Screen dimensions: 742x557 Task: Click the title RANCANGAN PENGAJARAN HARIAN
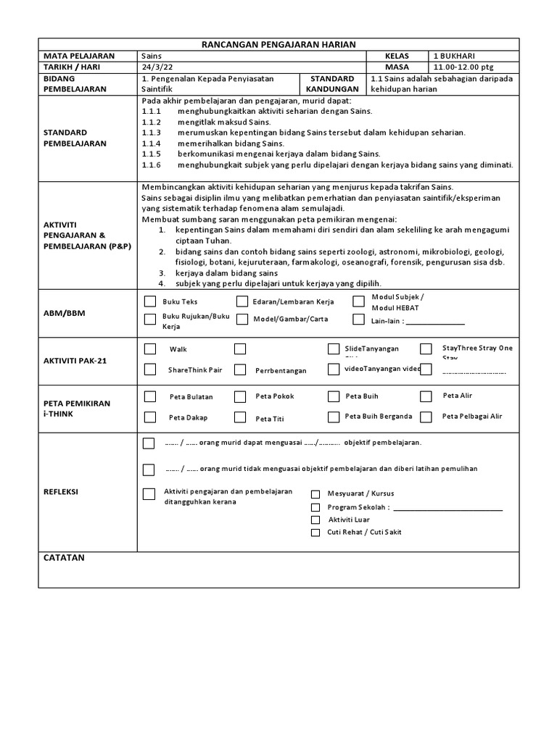click(278, 45)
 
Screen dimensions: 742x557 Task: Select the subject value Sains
click(152, 56)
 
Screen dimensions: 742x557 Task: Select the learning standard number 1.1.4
click(151, 143)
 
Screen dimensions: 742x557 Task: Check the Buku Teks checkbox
click(149, 302)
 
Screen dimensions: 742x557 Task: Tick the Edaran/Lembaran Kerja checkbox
click(242, 302)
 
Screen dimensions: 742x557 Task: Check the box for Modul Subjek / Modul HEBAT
click(358, 301)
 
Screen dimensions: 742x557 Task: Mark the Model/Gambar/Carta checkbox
click(242, 320)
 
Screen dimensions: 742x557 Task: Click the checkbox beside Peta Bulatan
click(149, 396)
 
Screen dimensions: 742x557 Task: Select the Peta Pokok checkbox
click(239, 396)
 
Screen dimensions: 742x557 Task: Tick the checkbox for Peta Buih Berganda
click(333, 417)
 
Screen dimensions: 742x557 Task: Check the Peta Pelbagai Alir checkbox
click(426, 417)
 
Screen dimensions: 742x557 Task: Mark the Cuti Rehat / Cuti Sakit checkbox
click(315, 533)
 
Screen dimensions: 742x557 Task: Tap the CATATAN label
click(65, 557)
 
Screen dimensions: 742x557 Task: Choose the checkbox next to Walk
click(149, 349)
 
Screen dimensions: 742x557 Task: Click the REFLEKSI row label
click(61, 492)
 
